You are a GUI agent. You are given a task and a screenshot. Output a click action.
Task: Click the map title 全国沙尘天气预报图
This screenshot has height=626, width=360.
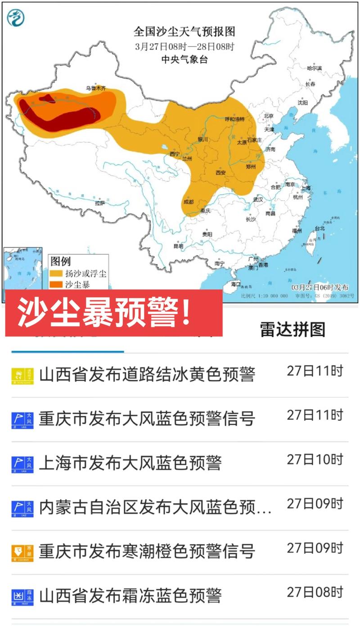[x=184, y=32]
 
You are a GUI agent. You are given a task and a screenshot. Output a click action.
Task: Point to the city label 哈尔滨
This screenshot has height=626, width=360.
[x=314, y=68]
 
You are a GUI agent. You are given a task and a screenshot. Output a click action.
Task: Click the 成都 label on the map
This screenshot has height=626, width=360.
[x=188, y=202]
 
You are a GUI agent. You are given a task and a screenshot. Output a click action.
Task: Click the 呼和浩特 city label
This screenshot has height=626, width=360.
[x=234, y=119]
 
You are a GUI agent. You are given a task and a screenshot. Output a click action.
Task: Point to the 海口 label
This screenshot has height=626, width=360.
[x=236, y=284]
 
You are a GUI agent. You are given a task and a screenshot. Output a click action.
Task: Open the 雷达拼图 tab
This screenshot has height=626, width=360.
[x=292, y=329]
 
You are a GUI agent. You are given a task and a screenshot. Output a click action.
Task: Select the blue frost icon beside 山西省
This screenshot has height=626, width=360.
[x=22, y=597]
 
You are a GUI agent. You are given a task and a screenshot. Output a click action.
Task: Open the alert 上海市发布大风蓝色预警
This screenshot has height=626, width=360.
[x=130, y=463]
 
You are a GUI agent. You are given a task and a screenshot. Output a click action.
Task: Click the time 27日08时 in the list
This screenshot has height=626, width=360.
[x=315, y=591]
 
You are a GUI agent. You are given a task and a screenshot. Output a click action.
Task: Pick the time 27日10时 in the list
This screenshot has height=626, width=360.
[x=315, y=459]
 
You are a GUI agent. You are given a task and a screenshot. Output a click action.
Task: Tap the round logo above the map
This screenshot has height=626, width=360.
[x=16, y=18]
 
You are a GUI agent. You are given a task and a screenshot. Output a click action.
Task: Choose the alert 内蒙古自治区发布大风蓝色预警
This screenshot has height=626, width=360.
[x=155, y=507]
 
